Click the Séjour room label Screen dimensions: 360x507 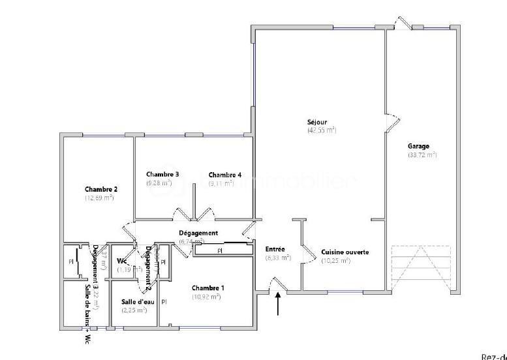pos(317,122)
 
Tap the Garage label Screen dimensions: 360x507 pos(419,146)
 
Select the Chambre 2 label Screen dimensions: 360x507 pos(101,189)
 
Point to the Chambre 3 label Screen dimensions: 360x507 pos(162,174)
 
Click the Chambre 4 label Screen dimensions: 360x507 pos(225,175)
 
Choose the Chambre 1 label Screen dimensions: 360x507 pos(208,288)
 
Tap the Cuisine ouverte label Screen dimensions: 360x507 pos(345,252)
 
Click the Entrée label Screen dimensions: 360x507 pos(275,249)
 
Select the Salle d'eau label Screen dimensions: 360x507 pos(137,301)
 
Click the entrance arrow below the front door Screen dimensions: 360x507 pos(279,305)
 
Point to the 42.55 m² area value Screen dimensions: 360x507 pos(322,130)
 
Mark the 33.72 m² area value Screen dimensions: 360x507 pos(422,155)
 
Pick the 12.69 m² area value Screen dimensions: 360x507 pos(99,198)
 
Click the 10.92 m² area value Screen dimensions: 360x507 pos(206,297)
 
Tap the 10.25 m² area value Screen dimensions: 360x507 pos(336,261)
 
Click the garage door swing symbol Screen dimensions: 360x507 pos(421,267)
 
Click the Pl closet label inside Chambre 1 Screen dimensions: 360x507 pos(164,302)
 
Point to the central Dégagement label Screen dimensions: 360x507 pos(198,233)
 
